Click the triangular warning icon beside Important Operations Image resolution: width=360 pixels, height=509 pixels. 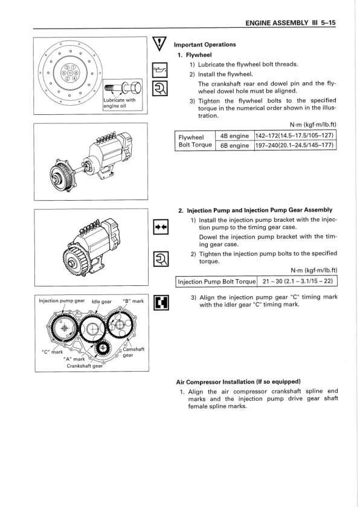click(161, 45)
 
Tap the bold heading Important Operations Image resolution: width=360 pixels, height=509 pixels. click(204, 45)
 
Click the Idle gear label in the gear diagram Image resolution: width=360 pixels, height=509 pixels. click(101, 301)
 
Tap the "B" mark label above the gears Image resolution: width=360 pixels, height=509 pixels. click(132, 300)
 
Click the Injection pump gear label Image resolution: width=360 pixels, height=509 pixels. click(62, 300)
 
